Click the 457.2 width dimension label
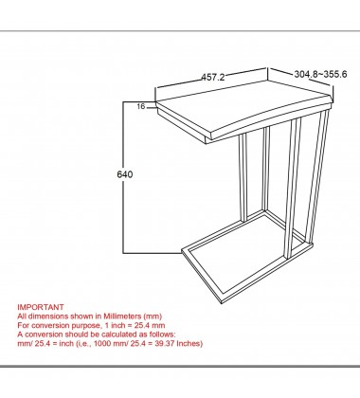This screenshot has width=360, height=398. click(x=213, y=77)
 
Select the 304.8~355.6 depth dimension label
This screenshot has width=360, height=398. click(x=320, y=74)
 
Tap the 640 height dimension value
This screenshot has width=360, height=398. click(x=125, y=174)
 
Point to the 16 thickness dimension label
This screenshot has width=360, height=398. click(x=141, y=106)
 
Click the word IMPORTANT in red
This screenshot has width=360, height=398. click(x=41, y=307)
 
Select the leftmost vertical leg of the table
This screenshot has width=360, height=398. click(x=243, y=177)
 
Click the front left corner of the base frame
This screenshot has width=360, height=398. click(x=182, y=251)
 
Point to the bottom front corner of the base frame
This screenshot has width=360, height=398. click(x=222, y=302)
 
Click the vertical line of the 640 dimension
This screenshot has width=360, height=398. click(x=123, y=177)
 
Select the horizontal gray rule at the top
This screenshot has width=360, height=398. click(x=180, y=31)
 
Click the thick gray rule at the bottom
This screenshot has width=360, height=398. click(x=180, y=367)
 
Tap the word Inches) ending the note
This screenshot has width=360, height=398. click(x=189, y=343)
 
